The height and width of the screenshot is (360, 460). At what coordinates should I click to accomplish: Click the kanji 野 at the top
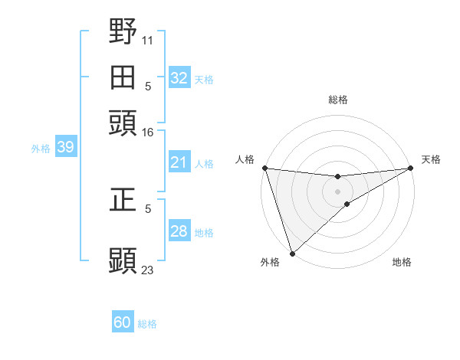coord(123,33)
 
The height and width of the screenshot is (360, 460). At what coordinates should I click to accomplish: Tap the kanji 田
coord(123,77)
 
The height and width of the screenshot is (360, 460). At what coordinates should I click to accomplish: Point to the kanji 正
coord(123,201)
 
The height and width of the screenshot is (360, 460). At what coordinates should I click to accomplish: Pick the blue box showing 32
coord(179,78)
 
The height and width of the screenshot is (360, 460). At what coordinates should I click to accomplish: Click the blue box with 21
coord(179,162)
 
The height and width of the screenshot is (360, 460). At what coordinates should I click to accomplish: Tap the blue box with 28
coord(179,231)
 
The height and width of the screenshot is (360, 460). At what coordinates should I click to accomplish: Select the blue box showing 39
coord(65,148)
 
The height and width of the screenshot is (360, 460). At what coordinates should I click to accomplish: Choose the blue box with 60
coord(123,323)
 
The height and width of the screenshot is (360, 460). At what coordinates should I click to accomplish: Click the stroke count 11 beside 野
coord(148,38)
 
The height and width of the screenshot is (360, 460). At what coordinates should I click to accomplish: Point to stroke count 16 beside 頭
coord(148,133)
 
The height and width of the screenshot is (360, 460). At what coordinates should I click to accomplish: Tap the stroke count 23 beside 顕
coord(148,270)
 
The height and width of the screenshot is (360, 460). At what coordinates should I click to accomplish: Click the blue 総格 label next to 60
coord(147,324)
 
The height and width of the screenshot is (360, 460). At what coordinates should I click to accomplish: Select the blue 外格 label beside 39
coord(41,149)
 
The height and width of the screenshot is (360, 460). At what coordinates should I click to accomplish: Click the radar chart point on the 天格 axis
coord(412,168)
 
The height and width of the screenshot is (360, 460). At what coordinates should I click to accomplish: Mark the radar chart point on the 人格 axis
coord(264,168)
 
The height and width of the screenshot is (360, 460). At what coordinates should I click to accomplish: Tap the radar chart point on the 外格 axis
coord(292,253)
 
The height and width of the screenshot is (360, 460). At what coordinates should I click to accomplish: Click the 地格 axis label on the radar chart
coord(402,263)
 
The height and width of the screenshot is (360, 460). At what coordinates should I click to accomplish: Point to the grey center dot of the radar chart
coord(338,191)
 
